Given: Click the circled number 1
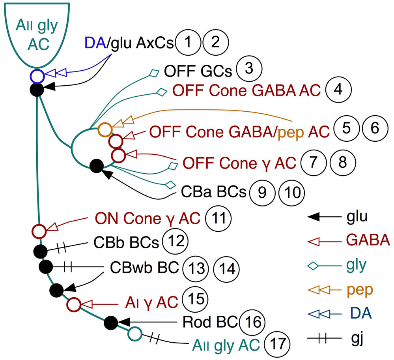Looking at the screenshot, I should [x=189, y=43].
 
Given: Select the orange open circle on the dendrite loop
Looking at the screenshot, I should [x=105, y=128].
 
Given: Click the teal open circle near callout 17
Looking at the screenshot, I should [x=134, y=334].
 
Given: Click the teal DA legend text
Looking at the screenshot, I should [x=360, y=314].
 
